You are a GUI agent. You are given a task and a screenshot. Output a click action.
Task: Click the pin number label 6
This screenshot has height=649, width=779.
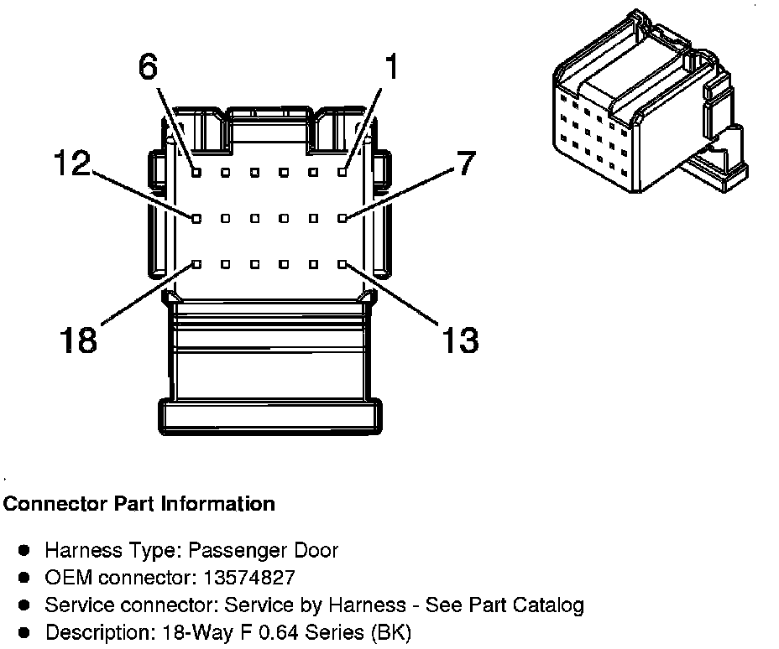pos(148,67)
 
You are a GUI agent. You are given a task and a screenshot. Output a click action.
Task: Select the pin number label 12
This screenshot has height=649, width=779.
pos(71,164)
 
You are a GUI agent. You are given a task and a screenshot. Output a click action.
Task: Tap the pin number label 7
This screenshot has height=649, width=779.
pos(467,164)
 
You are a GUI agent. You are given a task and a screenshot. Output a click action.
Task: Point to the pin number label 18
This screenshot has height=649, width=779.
pos(78,340)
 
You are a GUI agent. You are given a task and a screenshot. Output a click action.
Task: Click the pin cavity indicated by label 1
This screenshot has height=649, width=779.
pos(342,172)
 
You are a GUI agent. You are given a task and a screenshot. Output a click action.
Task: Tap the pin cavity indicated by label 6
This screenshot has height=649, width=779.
pos(195,172)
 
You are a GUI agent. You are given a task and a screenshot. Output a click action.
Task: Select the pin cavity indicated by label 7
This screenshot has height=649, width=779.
pos(342,218)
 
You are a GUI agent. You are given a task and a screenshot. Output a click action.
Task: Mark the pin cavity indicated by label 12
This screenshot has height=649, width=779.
pos(195,218)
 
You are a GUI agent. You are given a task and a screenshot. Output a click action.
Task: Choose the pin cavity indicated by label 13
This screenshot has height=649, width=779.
pos(342,264)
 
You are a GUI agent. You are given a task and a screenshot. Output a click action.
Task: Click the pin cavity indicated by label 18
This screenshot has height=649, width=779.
pos(195,264)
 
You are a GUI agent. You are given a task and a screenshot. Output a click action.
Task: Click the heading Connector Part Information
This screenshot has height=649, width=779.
pos(139,504)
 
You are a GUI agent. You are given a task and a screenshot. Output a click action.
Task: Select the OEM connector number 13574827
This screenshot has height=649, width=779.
pos(249,578)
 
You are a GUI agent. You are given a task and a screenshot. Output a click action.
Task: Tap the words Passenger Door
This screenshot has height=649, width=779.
pos(263,551)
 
